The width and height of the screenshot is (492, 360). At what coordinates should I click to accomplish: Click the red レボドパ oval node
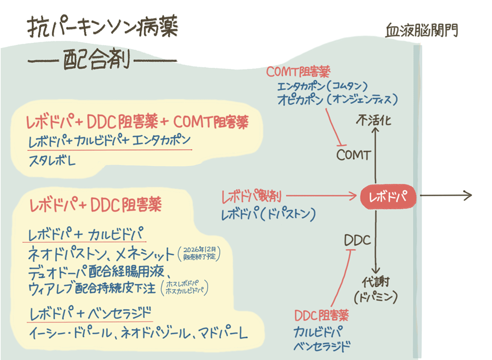(x=387, y=197)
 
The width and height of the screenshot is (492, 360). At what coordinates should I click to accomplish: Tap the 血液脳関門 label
(x=422, y=30)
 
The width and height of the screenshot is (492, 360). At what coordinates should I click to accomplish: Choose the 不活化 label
(x=375, y=120)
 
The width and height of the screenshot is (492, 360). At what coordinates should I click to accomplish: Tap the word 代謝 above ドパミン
(x=376, y=282)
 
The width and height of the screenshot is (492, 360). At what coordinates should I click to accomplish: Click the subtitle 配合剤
(x=103, y=62)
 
